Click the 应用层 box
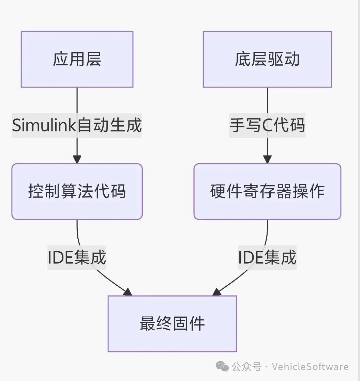coord(77,59)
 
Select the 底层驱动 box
coord(267,59)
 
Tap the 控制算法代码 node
coord(77,191)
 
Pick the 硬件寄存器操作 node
coord(267,191)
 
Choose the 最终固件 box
coord(172,323)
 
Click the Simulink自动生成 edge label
coord(77,125)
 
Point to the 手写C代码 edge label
coord(267,125)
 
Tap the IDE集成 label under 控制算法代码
coord(77,257)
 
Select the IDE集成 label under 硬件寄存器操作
coord(267,257)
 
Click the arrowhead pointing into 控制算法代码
coord(77,159)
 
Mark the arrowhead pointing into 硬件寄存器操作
coord(267,159)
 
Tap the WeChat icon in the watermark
coord(222,367)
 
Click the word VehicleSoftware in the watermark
coord(310,367)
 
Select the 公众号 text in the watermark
coord(246,367)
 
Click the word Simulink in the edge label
coord(44,125)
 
